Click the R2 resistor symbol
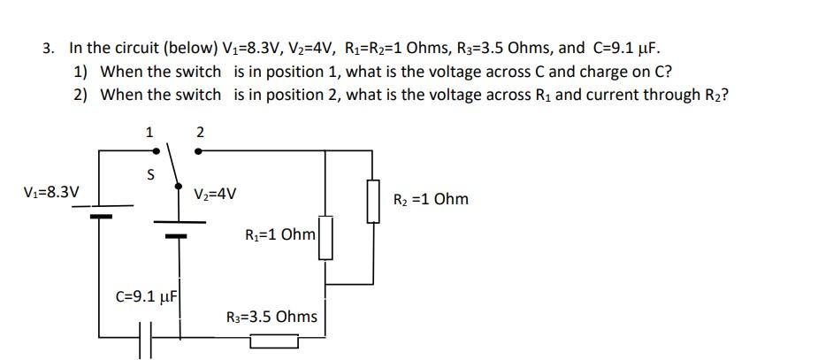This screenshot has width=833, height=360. (373, 200)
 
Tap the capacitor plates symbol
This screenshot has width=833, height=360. (146, 341)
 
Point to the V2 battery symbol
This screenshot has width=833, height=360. (179, 229)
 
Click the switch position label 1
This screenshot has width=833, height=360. (149, 132)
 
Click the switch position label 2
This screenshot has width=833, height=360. (200, 132)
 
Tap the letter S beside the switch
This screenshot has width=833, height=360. (149, 176)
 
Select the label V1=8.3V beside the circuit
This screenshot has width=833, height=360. (51, 192)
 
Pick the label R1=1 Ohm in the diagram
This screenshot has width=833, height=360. (279, 235)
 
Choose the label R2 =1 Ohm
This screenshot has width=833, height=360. (432, 199)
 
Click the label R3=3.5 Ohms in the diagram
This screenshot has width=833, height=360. (271, 316)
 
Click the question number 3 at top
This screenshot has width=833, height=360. (48, 47)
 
